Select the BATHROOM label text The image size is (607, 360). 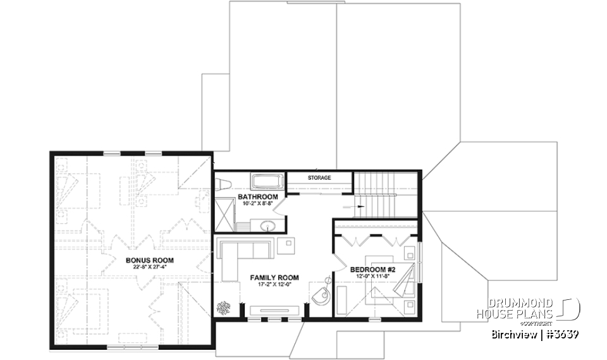point(257,197)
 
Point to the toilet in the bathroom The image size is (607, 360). point(223,183)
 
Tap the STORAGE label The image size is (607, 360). point(319,178)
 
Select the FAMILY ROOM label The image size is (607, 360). point(274,278)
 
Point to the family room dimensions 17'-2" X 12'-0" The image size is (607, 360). point(274,285)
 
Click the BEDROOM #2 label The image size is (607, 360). point(372,270)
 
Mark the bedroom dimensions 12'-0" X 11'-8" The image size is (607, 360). point(372,277)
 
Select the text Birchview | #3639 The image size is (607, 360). point(535,334)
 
